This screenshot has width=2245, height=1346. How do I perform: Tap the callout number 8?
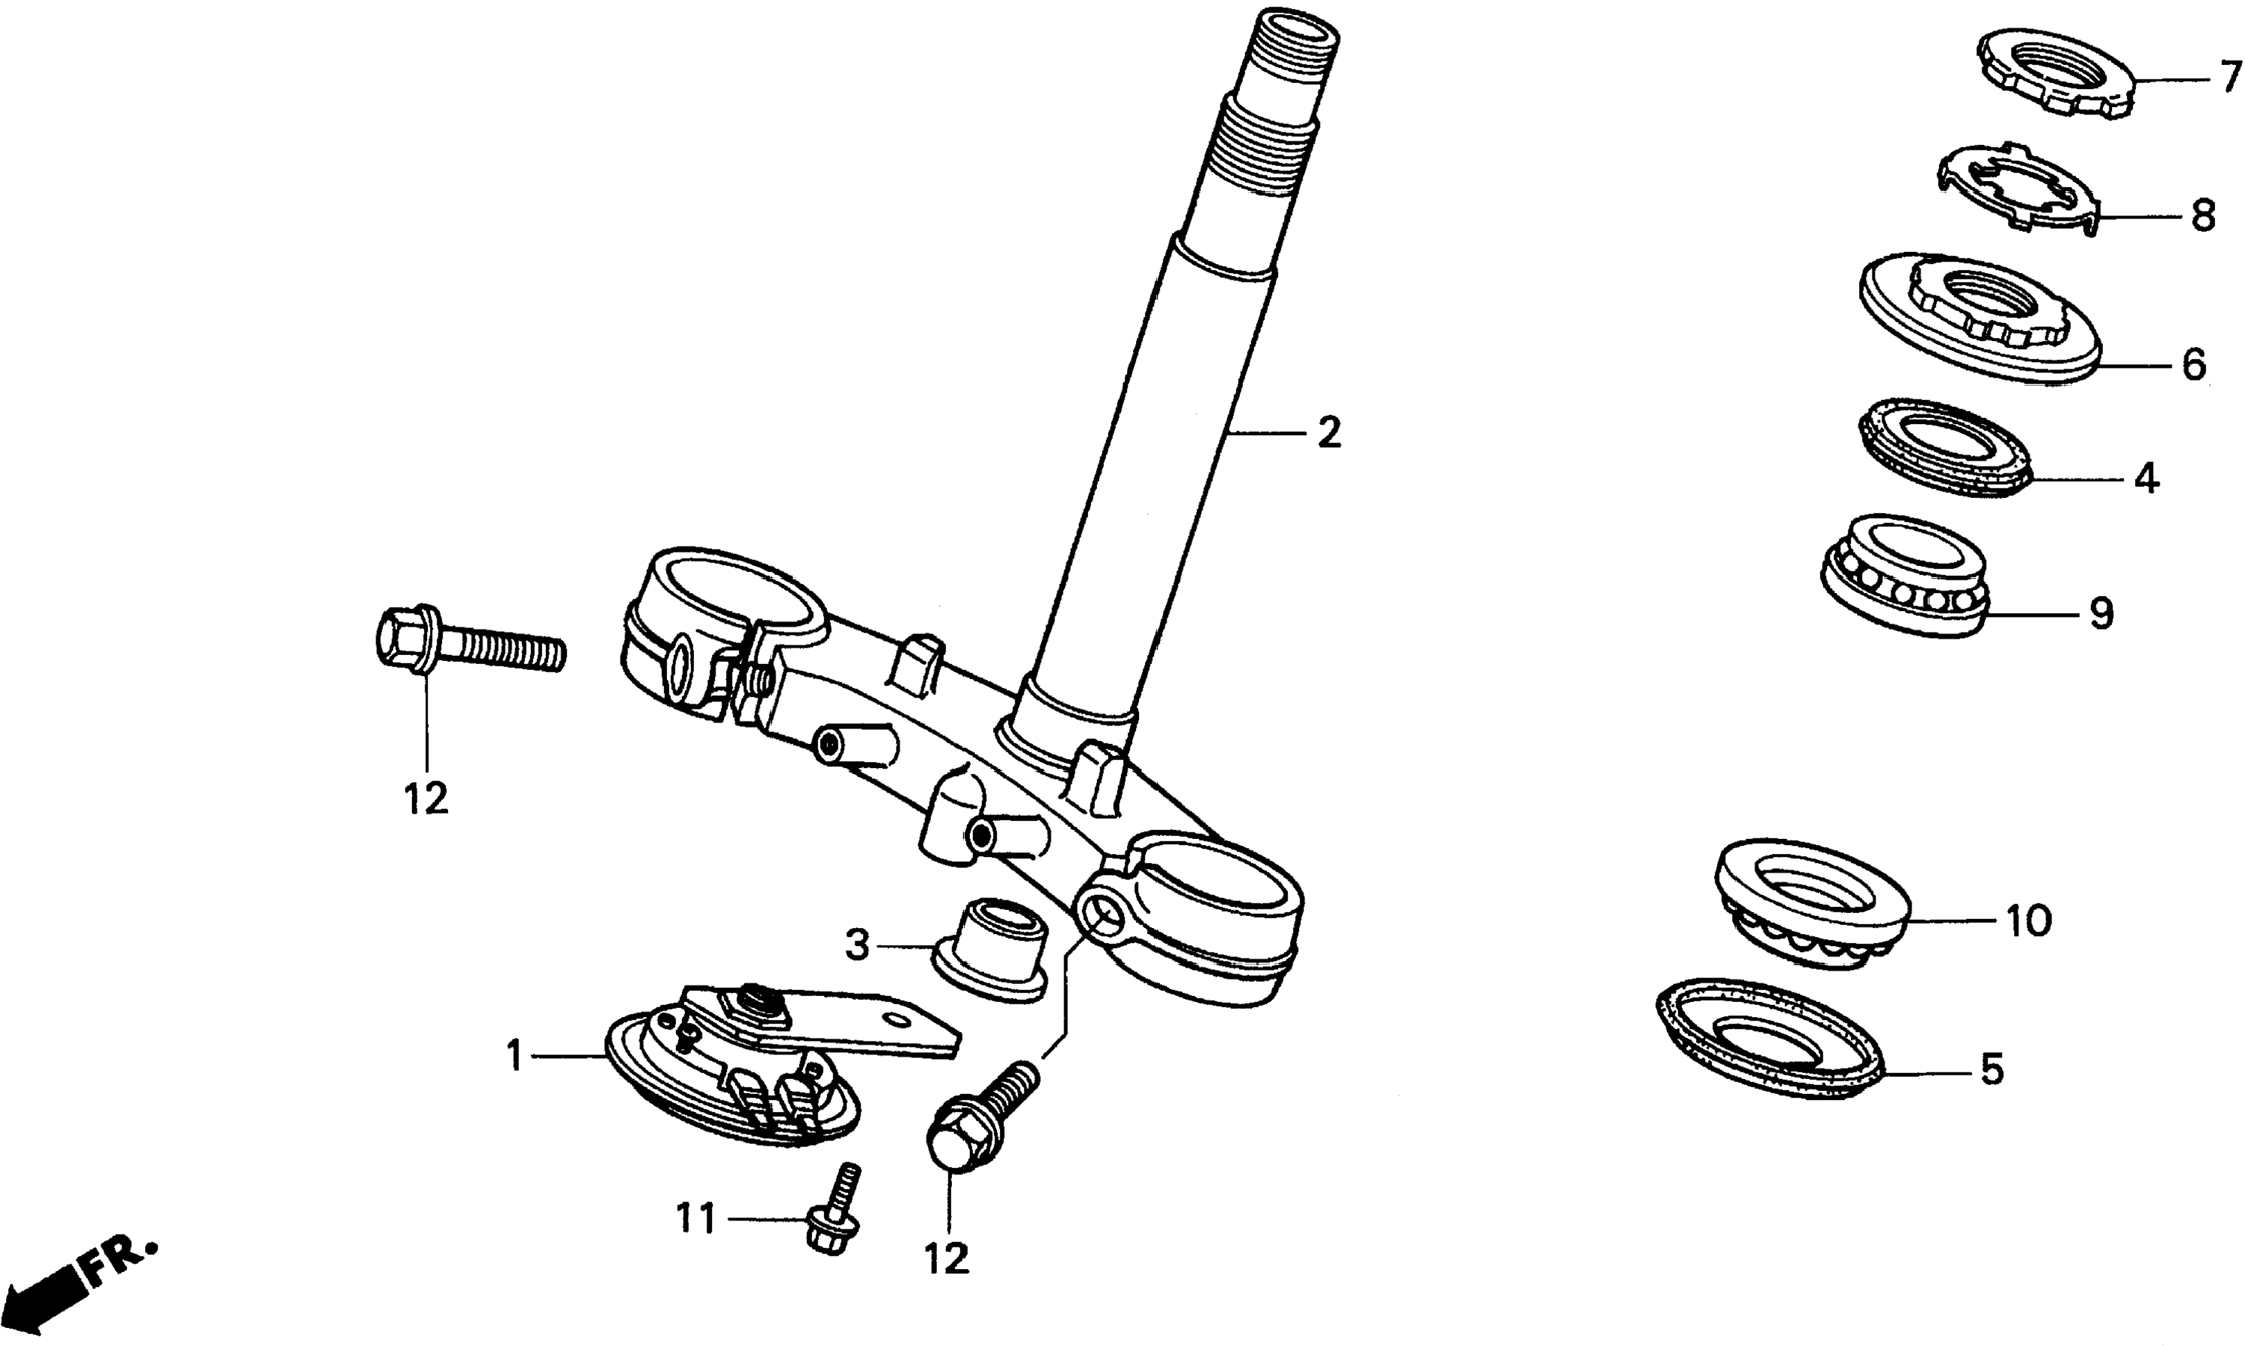(2203, 216)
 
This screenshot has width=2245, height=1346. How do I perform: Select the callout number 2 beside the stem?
(1329, 434)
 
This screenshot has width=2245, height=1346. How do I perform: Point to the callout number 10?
(2028, 921)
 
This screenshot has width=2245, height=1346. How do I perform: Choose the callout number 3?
(857, 946)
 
